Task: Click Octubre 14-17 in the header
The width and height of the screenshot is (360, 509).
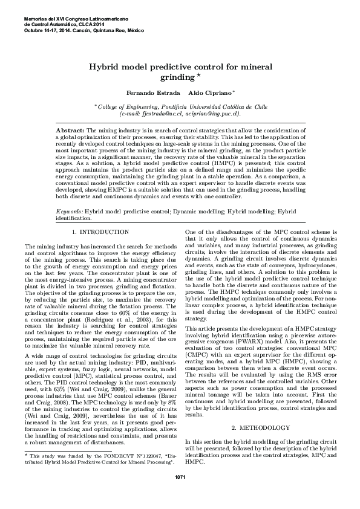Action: click(x=39, y=30)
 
